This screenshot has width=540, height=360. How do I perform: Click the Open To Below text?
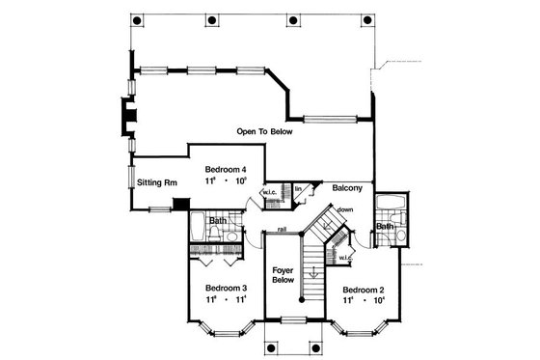pos(265,130)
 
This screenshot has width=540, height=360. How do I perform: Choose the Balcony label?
pos(349,187)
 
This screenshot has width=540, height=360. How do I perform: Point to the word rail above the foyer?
pos(282,228)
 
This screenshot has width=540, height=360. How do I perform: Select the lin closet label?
pos(299,188)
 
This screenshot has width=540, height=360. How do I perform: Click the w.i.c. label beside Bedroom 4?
pos(270,191)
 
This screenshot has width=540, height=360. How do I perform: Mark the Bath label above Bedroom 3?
pos(218,220)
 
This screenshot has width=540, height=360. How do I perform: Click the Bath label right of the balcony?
pos(385,227)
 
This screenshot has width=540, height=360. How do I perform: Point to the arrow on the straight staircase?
pos(312,275)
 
